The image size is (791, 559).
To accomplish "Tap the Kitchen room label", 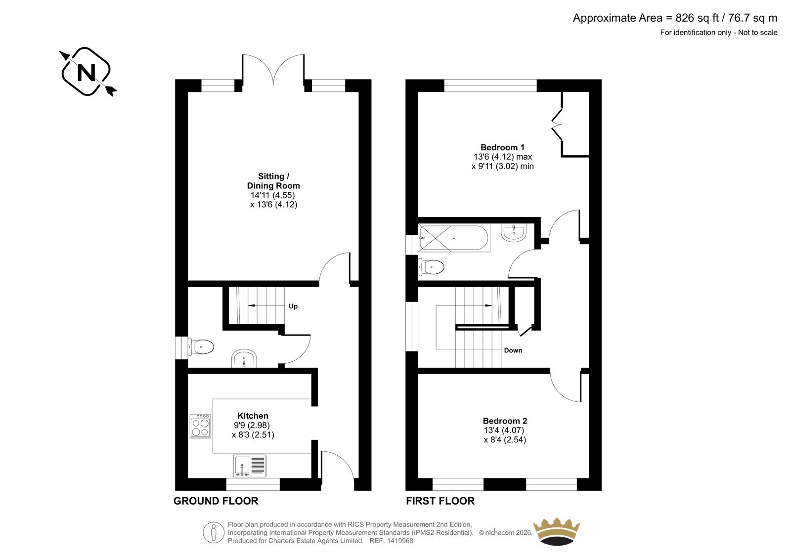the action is [x=253, y=416].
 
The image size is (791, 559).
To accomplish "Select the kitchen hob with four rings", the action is [x=200, y=426].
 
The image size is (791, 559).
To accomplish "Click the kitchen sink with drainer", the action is [x=250, y=466].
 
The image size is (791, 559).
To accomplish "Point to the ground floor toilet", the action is [x=201, y=347].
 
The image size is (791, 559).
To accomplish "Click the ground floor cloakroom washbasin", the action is [x=244, y=358].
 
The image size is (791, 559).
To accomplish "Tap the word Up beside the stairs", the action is [x=293, y=306].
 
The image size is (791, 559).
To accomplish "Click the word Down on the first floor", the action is [x=513, y=350].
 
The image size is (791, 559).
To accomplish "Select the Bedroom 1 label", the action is [x=502, y=147].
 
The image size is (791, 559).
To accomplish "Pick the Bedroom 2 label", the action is [x=505, y=421].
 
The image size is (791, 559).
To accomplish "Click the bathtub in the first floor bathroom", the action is [x=454, y=238].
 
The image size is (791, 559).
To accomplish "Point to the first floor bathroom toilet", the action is [x=431, y=267].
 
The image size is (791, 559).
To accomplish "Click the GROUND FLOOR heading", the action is [x=216, y=501].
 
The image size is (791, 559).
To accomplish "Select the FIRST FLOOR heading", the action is [x=440, y=501].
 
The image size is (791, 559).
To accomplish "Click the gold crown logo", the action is [x=557, y=531].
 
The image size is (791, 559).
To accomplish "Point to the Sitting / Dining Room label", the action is [x=274, y=181].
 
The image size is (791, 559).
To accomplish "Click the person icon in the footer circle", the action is [x=213, y=532].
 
